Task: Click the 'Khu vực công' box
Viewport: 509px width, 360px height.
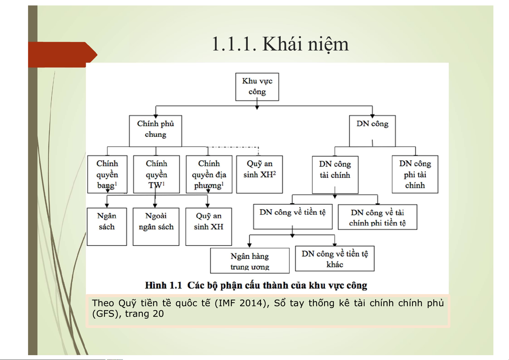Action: [x=257, y=87]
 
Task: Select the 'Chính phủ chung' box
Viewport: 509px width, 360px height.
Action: [x=155, y=131]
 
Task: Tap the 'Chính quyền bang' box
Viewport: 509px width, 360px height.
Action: [x=107, y=174]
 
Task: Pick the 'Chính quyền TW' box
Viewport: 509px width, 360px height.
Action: [x=156, y=174]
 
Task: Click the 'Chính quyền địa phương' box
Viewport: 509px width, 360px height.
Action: [x=209, y=174]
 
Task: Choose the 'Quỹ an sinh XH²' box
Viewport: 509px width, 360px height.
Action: [x=259, y=174]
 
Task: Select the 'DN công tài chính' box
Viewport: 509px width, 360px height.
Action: [x=335, y=175]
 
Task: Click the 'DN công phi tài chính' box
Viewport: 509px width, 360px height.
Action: [x=415, y=174]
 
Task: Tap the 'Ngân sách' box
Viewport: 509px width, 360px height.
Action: [x=107, y=226]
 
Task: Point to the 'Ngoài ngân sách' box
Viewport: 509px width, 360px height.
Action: [x=156, y=226]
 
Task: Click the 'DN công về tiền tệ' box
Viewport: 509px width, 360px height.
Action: [x=292, y=217]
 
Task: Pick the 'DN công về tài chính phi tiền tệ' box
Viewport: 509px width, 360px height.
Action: [x=377, y=217]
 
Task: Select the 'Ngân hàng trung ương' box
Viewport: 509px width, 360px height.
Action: [x=250, y=261]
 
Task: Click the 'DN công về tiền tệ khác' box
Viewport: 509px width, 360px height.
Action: [x=335, y=259]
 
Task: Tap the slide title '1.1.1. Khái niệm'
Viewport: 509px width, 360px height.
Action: [x=280, y=44]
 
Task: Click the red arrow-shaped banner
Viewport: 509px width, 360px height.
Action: [x=60, y=55]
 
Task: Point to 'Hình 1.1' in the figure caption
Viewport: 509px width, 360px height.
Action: [x=163, y=285]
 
